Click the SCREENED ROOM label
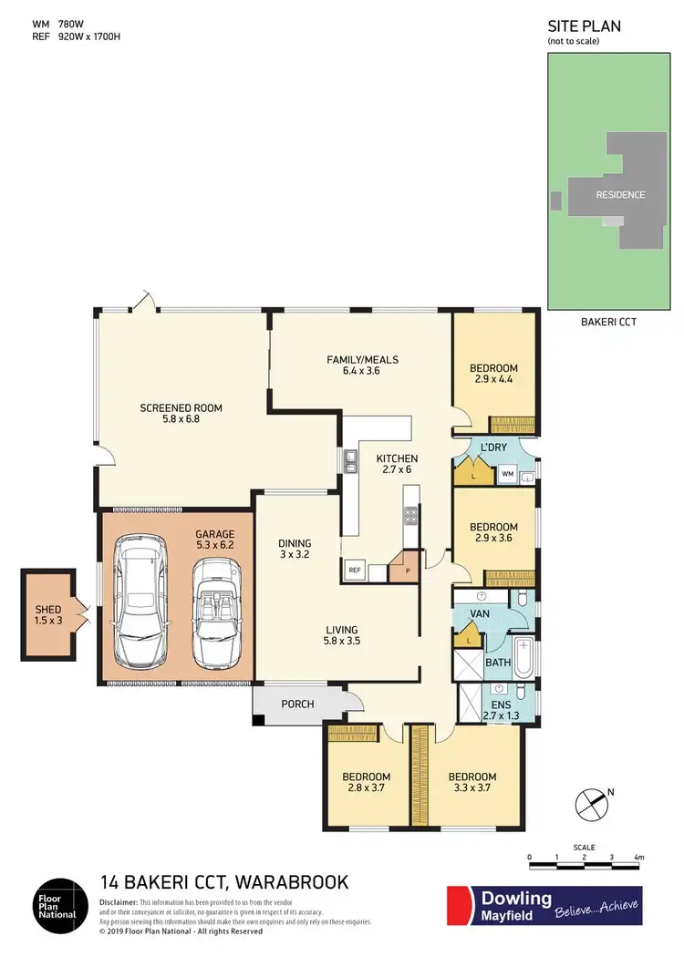pyautogui.click(x=181, y=415)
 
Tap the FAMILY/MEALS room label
pyautogui.click(x=362, y=365)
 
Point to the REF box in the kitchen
pyautogui.click(x=354, y=572)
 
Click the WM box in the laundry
pyautogui.click(x=506, y=474)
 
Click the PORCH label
pyautogui.click(x=297, y=704)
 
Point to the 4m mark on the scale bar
pyautogui.click(x=638, y=858)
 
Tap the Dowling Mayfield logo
pyautogui.click(x=543, y=906)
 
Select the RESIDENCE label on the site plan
pyautogui.click(x=620, y=194)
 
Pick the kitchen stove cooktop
pyautogui.click(x=410, y=517)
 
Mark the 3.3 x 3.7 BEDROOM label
pyautogui.click(x=472, y=782)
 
